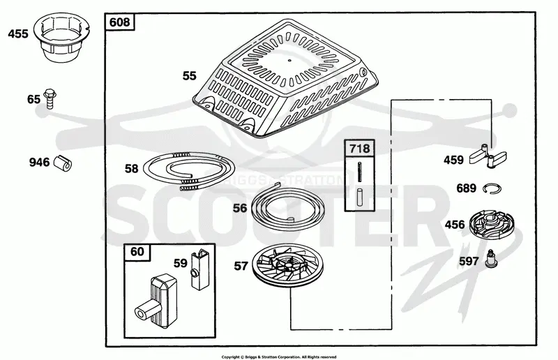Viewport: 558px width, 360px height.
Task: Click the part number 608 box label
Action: coord(119,22)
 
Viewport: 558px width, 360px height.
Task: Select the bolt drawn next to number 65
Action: coord(50,98)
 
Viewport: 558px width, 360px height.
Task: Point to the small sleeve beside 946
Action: coord(63,163)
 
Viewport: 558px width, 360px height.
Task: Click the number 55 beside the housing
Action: coord(189,76)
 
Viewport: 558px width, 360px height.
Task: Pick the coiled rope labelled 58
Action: coord(189,171)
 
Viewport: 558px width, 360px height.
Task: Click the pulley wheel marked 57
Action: coord(287,265)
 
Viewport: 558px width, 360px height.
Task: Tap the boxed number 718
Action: coord(359,148)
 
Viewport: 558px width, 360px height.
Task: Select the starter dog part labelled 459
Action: coord(488,156)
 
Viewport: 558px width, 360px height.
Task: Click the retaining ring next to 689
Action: coord(492,188)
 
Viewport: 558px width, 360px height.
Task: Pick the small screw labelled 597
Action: coord(491,259)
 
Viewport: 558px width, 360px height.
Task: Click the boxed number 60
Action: coord(137,252)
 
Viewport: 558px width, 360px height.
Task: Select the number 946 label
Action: coord(39,163)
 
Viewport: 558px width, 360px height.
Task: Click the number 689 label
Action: coord(466,188)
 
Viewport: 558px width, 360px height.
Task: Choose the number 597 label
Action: coord(469,262)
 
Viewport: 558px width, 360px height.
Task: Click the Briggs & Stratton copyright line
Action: coord(278,357)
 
